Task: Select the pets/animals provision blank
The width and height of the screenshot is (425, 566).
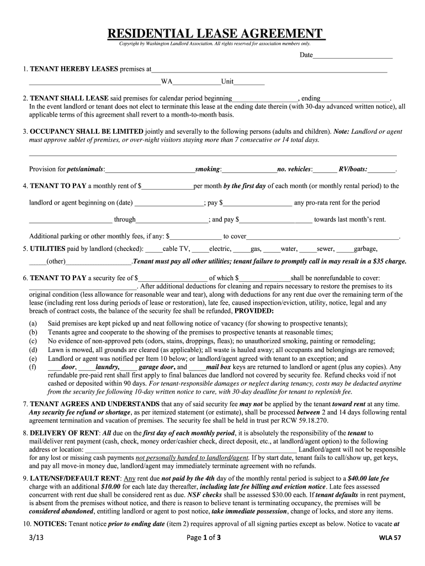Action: (x=150, y=169)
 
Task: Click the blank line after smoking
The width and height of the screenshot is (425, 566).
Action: (x=249, y=169)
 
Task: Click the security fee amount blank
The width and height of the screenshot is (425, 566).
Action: (x=173, y=278)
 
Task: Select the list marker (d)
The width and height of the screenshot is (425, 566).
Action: (x=34, y=350)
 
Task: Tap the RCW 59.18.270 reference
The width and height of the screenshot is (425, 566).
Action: (x=297, y=420)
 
